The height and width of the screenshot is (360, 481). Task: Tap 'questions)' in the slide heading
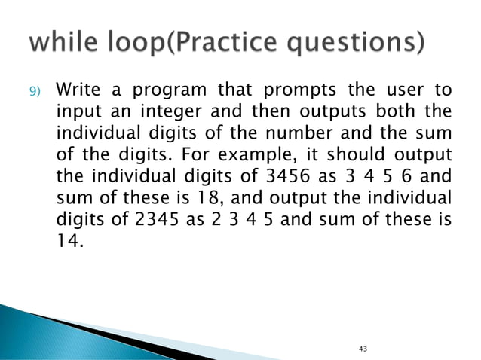[x=360, y=41]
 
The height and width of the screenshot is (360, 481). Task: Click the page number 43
[x=364, y=349]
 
